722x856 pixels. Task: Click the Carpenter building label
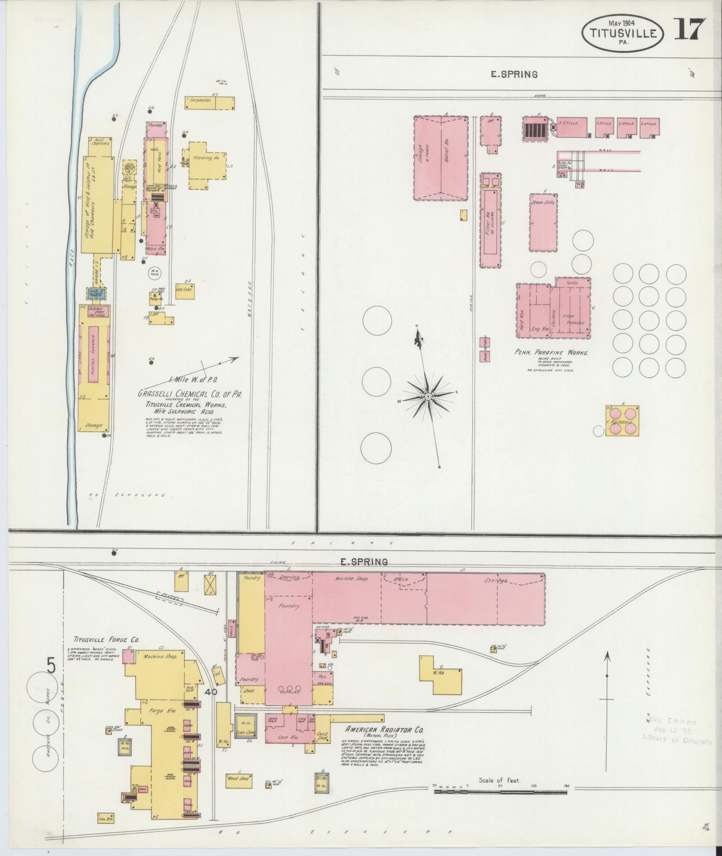pos(200,101)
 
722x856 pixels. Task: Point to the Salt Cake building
pos(184,290)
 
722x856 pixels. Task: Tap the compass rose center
pos(428,396)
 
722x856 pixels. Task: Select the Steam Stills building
pos(543,222)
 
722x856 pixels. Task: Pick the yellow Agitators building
pos(622,421)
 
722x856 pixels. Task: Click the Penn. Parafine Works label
pos(551,353)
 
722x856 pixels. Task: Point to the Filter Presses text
pos(572,319)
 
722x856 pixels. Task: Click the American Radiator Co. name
pos(384,730)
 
